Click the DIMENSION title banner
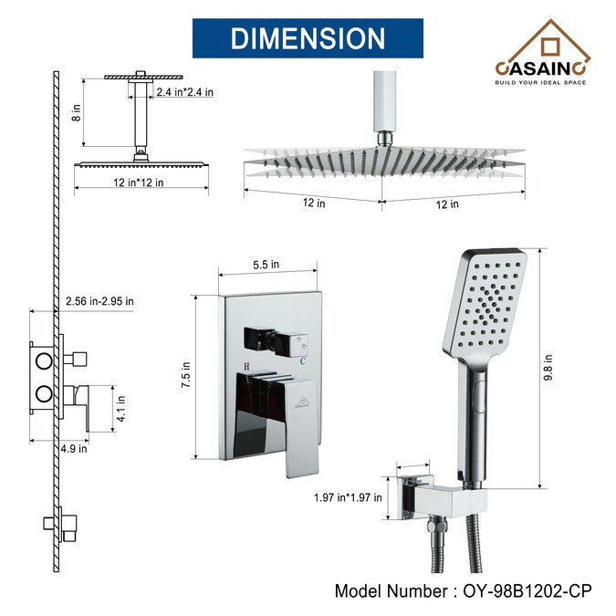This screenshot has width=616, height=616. [x=308, y=38]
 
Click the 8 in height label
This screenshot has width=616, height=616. [x=77, y=113]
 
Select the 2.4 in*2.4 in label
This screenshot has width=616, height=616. [x=185, y=92]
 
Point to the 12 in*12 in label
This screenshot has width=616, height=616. [x=139, y=183]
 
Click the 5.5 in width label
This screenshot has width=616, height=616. [x=266, y=265]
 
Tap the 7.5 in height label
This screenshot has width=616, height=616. [x=185, y=375]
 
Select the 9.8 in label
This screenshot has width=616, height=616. [x=548, y=368]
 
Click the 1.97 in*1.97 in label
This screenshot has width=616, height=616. [x=348, y=497]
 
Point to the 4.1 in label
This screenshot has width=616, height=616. [x=121, y=409]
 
